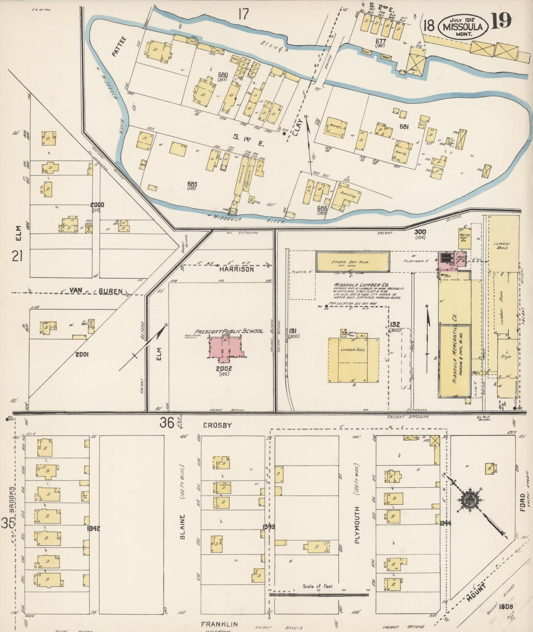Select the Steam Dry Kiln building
(353, 262)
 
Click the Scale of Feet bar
(319, 594)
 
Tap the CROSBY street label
(218, 425)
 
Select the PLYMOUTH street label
(357, 522)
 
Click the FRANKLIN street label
(219, 624)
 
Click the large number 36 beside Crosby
(167, 423)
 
